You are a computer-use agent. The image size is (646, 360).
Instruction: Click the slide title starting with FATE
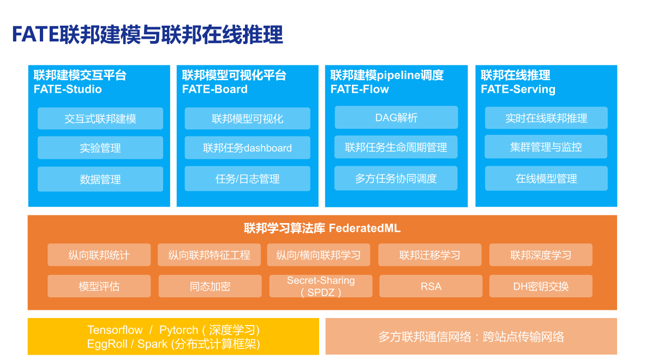point(147,35)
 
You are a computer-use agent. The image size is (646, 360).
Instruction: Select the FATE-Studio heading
point(68,89)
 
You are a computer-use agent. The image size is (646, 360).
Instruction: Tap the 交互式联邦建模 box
point(100,118)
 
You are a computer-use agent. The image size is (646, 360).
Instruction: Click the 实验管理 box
point(100,148)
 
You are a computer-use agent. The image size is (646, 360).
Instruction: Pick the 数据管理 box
point(100,179)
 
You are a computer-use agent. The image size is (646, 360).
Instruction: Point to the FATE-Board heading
point(215,89)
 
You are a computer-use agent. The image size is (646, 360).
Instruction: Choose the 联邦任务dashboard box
point(247,148)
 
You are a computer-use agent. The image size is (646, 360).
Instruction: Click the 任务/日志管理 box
point(247,178)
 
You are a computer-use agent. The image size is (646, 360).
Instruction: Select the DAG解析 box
point(396,117)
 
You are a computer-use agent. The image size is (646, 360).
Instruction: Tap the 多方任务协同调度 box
point(396,178)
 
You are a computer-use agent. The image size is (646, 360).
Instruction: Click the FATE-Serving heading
point(518,89)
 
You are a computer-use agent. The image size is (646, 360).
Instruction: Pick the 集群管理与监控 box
point(546,147)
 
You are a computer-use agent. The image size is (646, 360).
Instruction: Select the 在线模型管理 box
point(546,178)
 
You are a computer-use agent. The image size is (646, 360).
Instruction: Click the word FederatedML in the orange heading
point(364,229)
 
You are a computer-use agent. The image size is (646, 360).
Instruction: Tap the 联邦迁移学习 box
point(430,255)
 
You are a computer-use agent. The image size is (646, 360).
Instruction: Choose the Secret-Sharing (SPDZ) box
point(321,286)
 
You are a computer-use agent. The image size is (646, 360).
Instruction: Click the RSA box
point(431,286)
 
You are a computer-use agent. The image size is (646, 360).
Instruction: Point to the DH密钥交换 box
point(541,286)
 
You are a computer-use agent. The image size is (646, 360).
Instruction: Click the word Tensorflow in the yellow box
point(115,330)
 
